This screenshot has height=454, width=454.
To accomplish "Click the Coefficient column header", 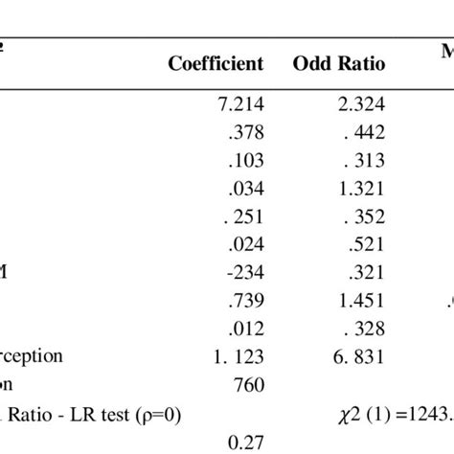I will point(216,64).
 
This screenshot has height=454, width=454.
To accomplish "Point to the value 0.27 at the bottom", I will point(246,442).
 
